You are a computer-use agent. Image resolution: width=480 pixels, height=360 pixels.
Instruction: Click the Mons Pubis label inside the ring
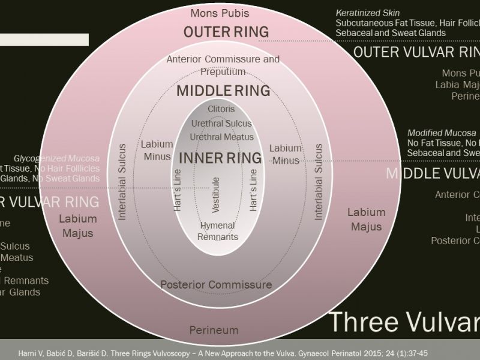tap(220, 13)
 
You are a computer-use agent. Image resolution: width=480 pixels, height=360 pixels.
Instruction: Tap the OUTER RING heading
tap(220, 31)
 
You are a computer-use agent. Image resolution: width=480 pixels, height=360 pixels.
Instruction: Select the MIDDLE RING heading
tap(223, 91)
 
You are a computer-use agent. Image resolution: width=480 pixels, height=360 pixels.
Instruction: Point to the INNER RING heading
tap(220, 158)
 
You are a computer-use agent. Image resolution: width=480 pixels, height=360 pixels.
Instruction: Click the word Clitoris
tap(221, 109)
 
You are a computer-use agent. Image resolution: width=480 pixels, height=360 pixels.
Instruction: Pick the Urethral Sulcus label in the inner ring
tap(221, 123)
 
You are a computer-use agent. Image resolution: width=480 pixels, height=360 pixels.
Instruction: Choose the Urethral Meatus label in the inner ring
tap(221, 137)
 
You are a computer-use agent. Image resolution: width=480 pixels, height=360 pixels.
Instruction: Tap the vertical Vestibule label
tap(216, 194)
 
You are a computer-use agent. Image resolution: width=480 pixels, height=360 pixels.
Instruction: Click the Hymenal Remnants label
tap(218, 231)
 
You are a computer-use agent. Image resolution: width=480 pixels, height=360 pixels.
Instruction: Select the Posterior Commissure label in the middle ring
tap(216, 284)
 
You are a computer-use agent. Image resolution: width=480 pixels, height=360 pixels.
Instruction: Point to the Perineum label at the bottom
tap(214, 330)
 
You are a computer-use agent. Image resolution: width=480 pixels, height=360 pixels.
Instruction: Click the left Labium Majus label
tap(77, 226)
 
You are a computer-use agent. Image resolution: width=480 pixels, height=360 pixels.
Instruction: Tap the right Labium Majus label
tap(366, 219)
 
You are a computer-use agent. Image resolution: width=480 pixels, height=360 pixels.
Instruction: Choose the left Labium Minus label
tap(157, 151)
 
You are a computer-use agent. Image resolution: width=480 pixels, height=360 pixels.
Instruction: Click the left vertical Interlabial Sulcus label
tap(122, 181)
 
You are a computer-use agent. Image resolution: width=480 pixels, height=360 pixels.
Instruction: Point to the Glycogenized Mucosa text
tap(56, 158)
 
